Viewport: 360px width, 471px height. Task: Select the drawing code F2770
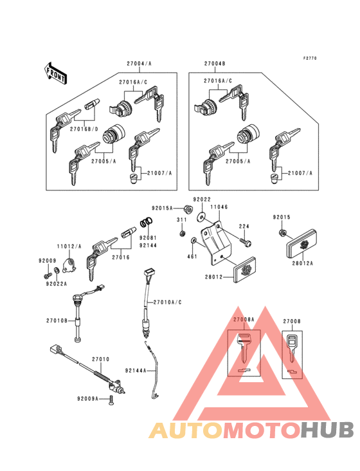[x=310, y=59]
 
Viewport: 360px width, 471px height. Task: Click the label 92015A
[x=163, y=208]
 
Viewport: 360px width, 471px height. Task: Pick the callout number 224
[x=244, y=226]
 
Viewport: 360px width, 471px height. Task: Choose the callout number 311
[x=182, y=220]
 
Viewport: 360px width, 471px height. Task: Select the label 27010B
[x=57, y=320]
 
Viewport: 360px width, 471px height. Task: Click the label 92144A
[x=136, y=371]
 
